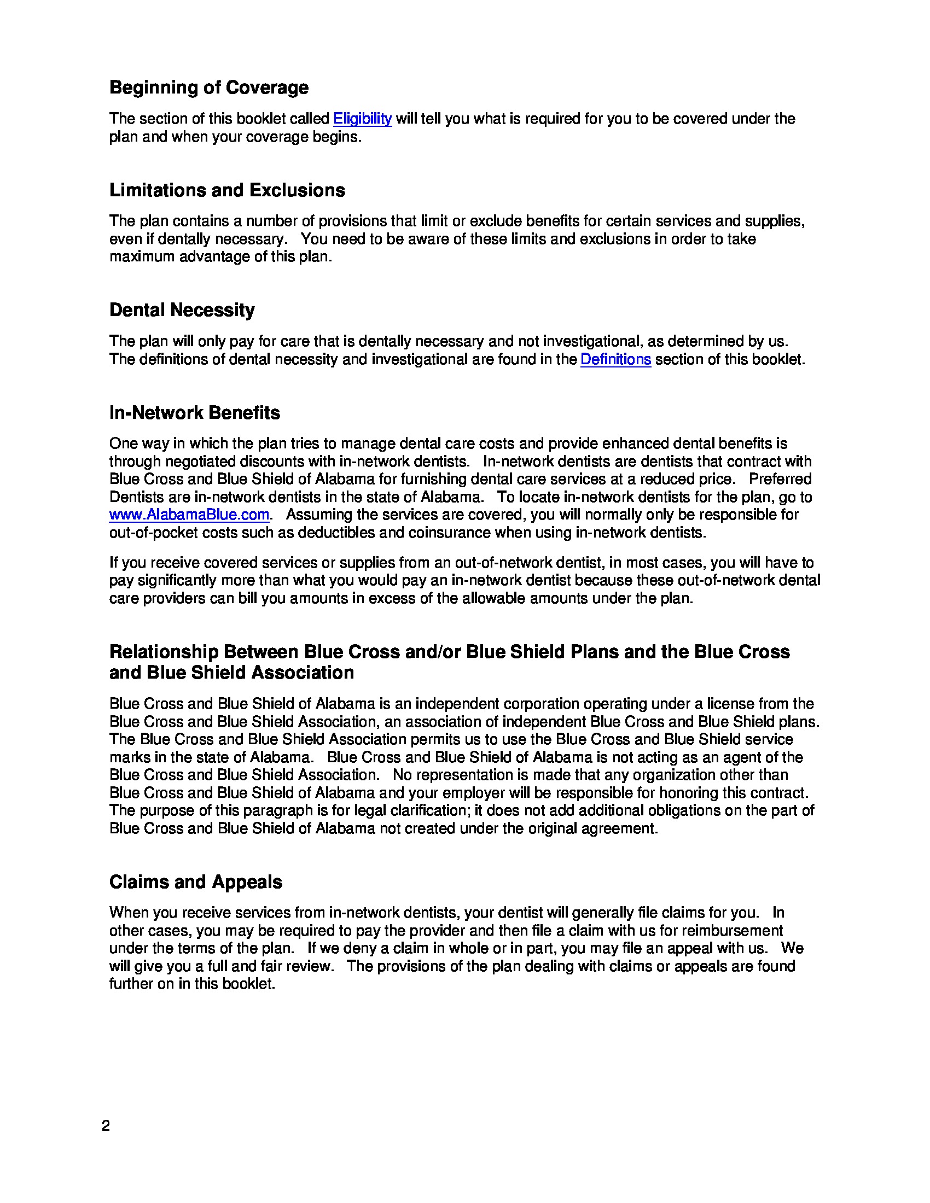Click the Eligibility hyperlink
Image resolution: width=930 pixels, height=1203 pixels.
pos(362,119)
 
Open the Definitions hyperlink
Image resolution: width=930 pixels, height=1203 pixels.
pos(615,359)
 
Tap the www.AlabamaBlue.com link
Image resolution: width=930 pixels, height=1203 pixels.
pos(189,515)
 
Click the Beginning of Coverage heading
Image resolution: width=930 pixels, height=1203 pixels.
pos(209,87)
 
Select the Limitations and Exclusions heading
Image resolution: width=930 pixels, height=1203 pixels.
pos(227,190)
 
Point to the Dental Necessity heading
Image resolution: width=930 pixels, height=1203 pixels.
pos(182,309)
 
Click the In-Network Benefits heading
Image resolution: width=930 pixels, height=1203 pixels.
pos(195,412)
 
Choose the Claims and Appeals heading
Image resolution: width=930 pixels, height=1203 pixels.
pos(196,882)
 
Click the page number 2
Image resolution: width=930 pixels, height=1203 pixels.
pos(106,1126)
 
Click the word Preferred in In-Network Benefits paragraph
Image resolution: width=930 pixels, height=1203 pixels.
pos(780,478)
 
